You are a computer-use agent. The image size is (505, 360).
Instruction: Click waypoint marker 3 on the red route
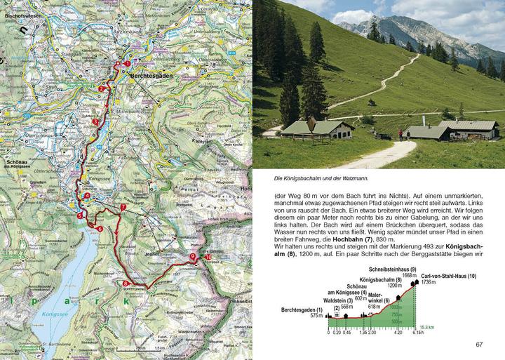[95, 121]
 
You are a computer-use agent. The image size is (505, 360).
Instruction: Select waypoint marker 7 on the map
[123, 207]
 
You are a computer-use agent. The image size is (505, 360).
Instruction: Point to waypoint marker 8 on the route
[126, 284]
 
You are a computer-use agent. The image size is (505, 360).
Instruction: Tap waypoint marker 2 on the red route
[102, 89]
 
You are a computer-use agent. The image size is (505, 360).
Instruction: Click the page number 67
[480, 344]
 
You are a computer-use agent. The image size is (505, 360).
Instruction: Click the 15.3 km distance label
[429, 327]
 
